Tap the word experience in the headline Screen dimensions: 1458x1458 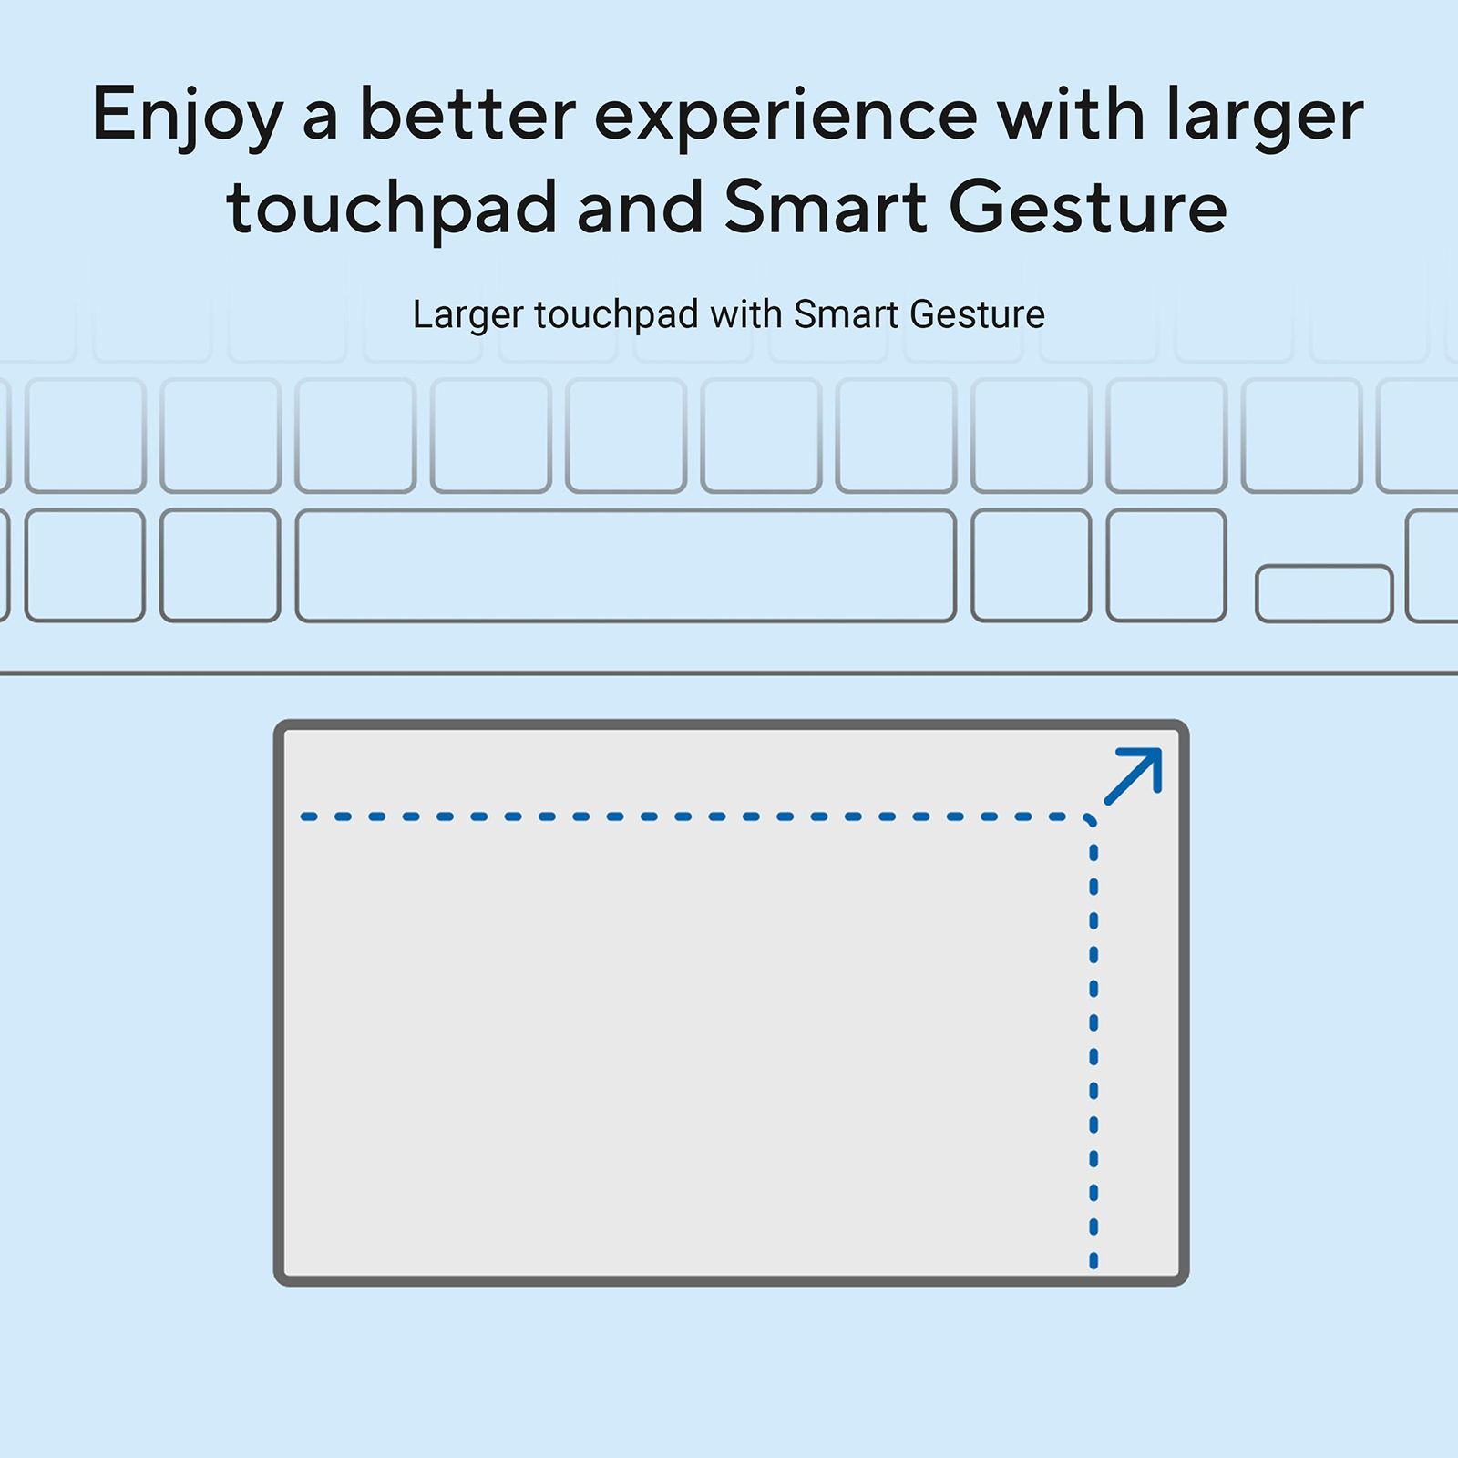point(786,115)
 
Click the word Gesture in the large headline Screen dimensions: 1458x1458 point(1088,207)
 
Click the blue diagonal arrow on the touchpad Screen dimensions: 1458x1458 point(1133,776)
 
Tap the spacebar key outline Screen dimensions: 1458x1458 point(626,566)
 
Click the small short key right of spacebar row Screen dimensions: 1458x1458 point(1324,594)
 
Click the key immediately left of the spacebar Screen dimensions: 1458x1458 point(221,566)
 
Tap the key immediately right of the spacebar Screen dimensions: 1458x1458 point(1032,566)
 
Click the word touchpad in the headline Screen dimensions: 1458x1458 point(392,209)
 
